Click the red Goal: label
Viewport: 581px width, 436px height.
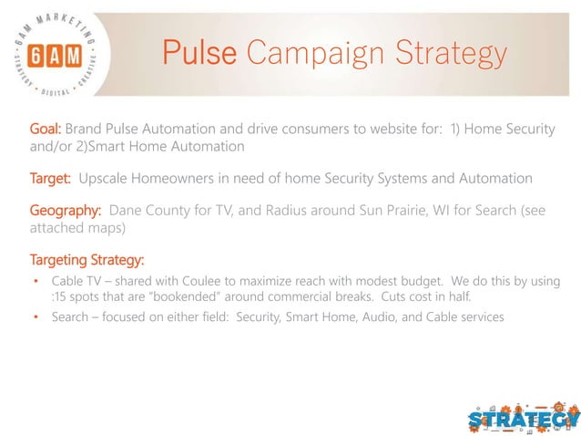click(x=46, y=130)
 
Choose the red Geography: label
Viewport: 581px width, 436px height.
click(x=66, y=209)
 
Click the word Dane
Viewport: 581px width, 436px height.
click(x=128, y=209)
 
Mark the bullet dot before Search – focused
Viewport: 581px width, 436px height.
click(x=35, y=317)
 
